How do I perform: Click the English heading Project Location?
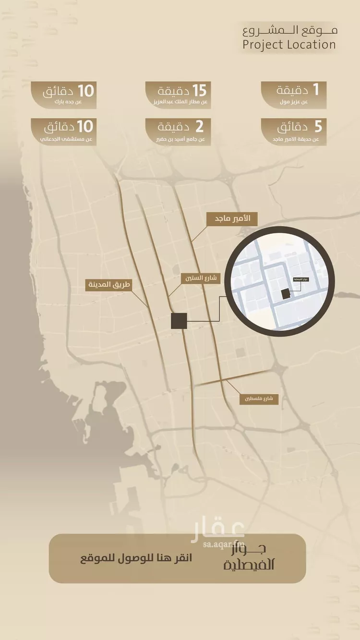(x=289, y=45)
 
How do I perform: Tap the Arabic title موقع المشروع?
(x=290, y=31)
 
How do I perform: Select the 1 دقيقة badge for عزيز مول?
(x=294, y=95)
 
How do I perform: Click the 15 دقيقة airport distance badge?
(x=178, y=95)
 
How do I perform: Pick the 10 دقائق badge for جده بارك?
(x=63, y=95)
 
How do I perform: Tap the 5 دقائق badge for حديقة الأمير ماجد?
(x=294, y=132)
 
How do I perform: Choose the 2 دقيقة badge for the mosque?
(x=178, y=132)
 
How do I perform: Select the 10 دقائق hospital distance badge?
(x=63, y=132)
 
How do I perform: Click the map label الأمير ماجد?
(x=232, y=219)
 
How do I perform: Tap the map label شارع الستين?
(x=200, y=278)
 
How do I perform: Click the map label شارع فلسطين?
(x=259, y=398)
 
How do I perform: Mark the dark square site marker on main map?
(x=179, y=321)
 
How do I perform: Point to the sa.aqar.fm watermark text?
(x=224, y=544)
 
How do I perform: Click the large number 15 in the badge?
(x=199, y=90)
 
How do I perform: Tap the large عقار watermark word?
(x=218, y=531)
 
